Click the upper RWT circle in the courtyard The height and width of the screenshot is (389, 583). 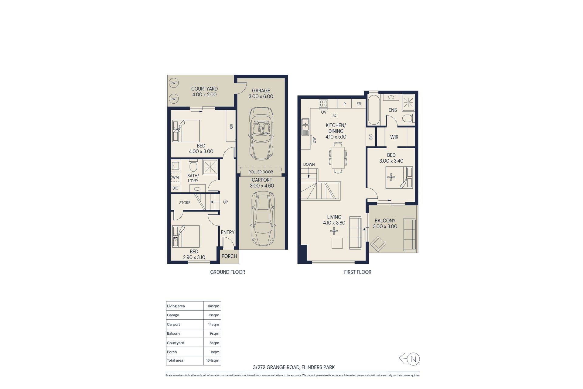[174, 83]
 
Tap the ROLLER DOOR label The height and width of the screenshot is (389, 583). [261, 172]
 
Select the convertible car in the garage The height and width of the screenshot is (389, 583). [261, 133]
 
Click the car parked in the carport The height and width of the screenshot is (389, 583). [263, 219]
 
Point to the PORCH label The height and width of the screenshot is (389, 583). [229, 256]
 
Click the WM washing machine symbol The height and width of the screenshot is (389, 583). [176, 177]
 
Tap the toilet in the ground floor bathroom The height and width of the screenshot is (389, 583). [193, 165]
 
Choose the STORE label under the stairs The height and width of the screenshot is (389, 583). [185, 203]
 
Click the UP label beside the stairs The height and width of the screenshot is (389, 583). [225, 202]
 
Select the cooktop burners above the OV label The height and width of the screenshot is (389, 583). [323, 104]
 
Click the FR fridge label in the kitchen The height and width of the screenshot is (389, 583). [359, 104]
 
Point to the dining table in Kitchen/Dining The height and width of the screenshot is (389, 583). [338, 157]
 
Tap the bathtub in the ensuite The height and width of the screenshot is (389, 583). [374, 110]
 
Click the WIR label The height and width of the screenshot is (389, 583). [394, 137]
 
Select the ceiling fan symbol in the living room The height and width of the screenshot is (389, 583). [334, 232]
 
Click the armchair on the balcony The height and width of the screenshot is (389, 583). [378, 244]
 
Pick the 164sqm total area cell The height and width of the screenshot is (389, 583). [213, 360]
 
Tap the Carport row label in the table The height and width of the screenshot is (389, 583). [173, 325]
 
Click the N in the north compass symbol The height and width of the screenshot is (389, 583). [413, 359]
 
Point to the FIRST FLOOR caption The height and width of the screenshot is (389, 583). [358, 272]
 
